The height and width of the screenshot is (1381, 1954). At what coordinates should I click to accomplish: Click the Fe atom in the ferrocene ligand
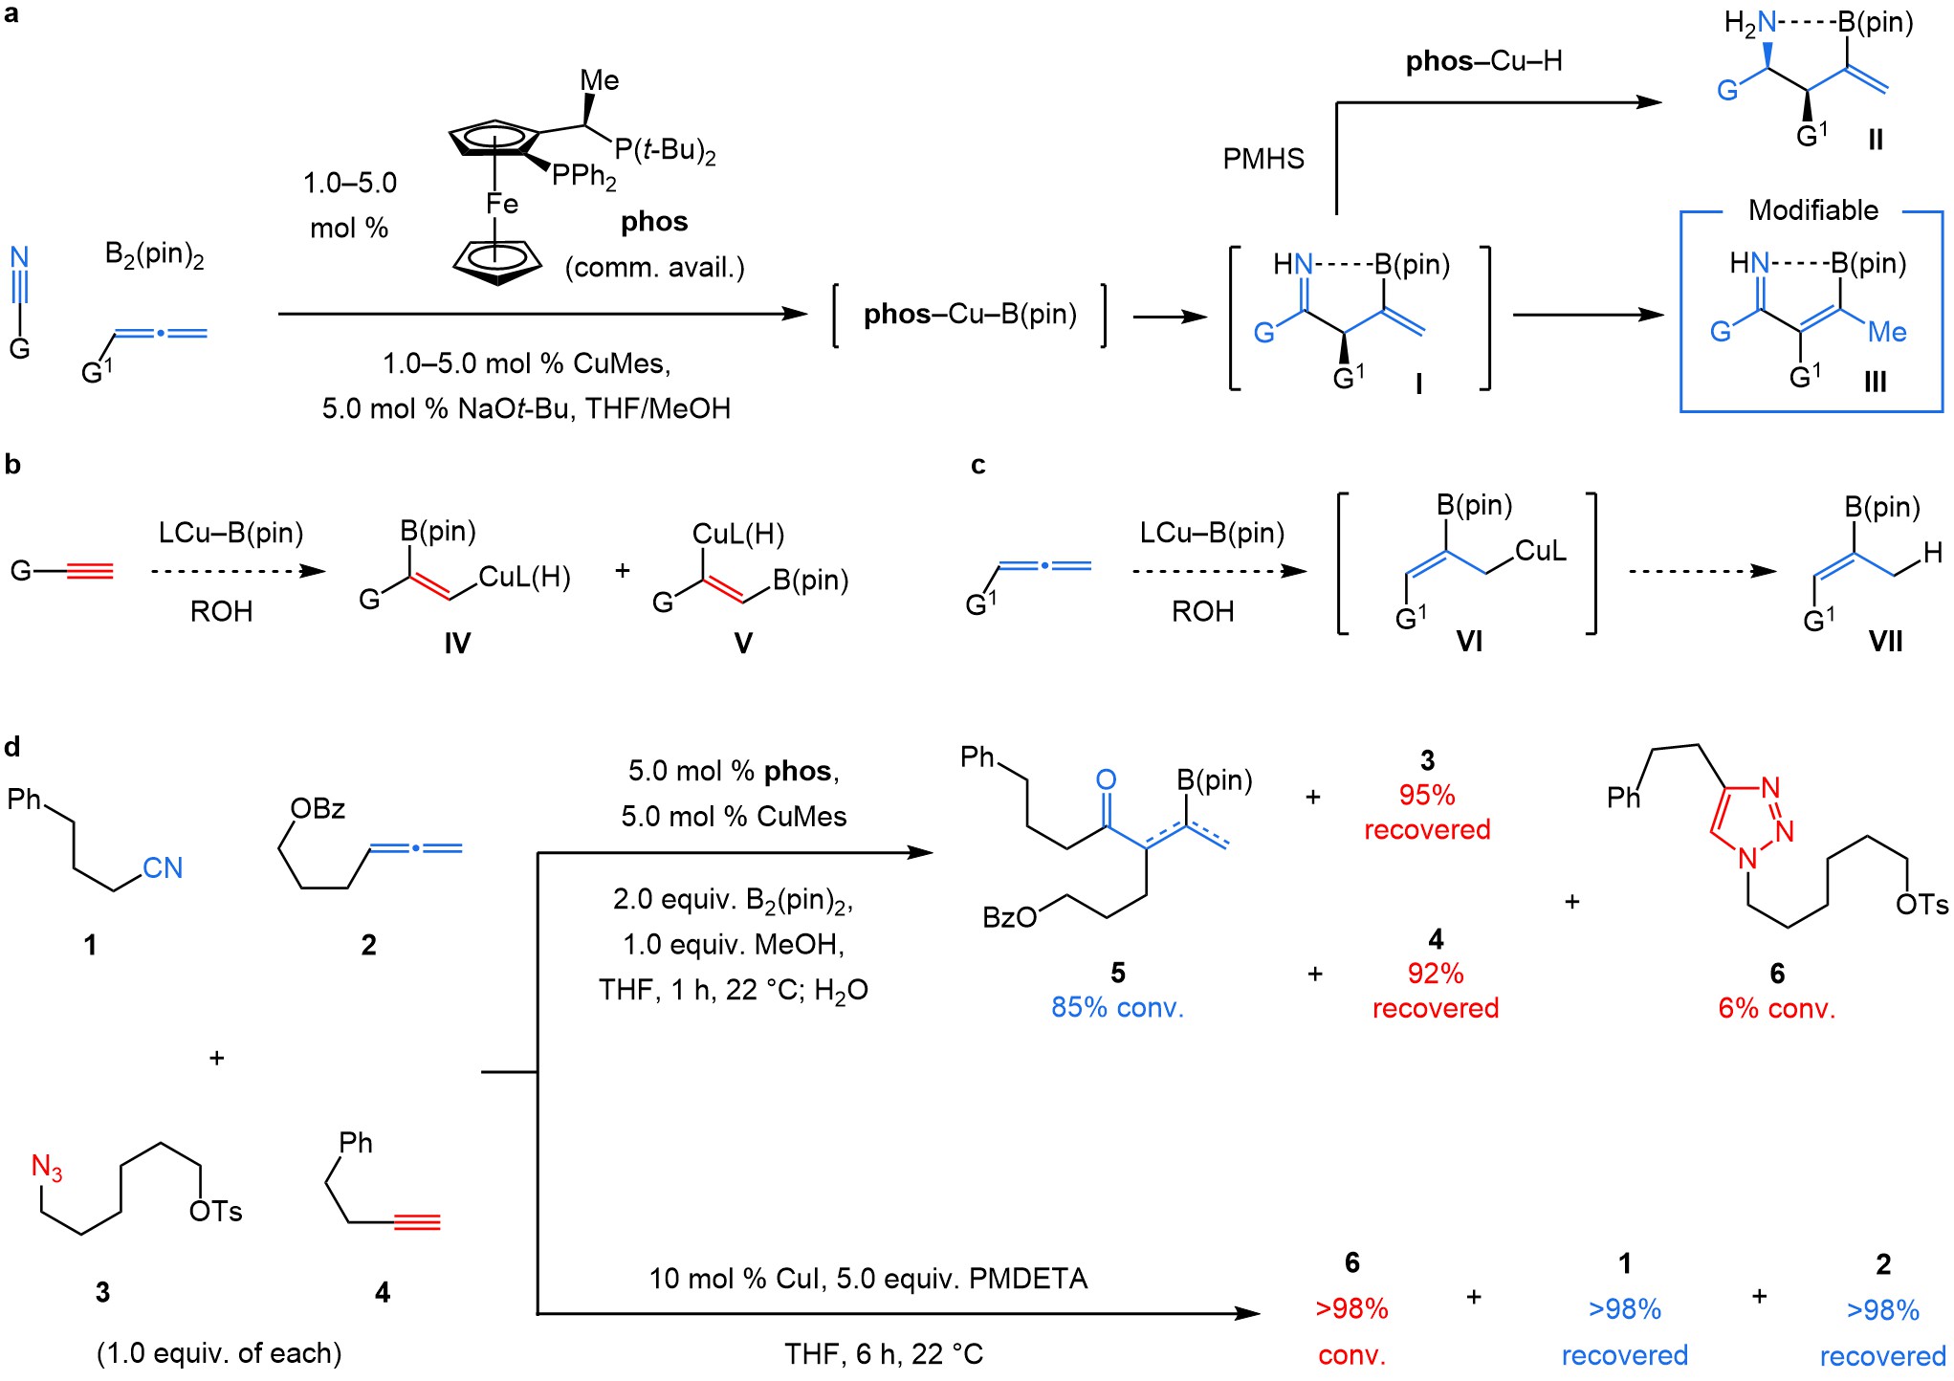coord(501,204)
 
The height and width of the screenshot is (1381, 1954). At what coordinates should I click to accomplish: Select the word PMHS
coord(1263,159)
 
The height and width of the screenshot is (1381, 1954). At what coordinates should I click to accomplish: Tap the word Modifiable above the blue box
coord(1812,210)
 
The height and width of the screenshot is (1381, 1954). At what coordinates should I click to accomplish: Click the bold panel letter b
coord(12,465)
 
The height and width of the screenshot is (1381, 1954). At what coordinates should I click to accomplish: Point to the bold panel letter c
coord(977,465)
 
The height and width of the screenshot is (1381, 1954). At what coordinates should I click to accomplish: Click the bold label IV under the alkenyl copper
coord(457,644)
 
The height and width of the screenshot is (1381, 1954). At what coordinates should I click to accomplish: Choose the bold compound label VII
coord(1885,642)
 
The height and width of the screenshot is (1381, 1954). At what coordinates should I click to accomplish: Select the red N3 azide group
coord(47,1168)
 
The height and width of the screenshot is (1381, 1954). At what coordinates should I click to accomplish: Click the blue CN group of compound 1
coord(163,867)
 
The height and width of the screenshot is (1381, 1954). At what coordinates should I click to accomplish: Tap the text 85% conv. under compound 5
coord(1117,1007)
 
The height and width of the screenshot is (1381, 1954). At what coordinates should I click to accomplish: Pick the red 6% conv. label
coord(1776,1008)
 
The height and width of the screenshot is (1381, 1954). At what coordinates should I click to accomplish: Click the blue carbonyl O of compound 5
coord(1106,779)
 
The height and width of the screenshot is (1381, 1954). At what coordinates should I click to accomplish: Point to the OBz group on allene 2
coord(318,809)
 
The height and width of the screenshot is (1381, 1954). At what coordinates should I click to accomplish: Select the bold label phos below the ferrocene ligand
coord(654,222)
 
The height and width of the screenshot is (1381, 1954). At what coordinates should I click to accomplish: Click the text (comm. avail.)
coord(654,268)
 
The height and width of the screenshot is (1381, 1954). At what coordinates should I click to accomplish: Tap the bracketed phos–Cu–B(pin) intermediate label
coord(970,315)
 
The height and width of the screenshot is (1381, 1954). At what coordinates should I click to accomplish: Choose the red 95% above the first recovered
coord(1427,795)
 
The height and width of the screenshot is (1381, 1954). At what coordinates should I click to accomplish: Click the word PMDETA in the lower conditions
coord(1028,1279)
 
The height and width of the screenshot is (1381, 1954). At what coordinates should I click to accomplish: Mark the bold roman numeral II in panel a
coord(1875,141)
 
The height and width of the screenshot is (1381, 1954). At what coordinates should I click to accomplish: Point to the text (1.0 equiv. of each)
coord(219,1353)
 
